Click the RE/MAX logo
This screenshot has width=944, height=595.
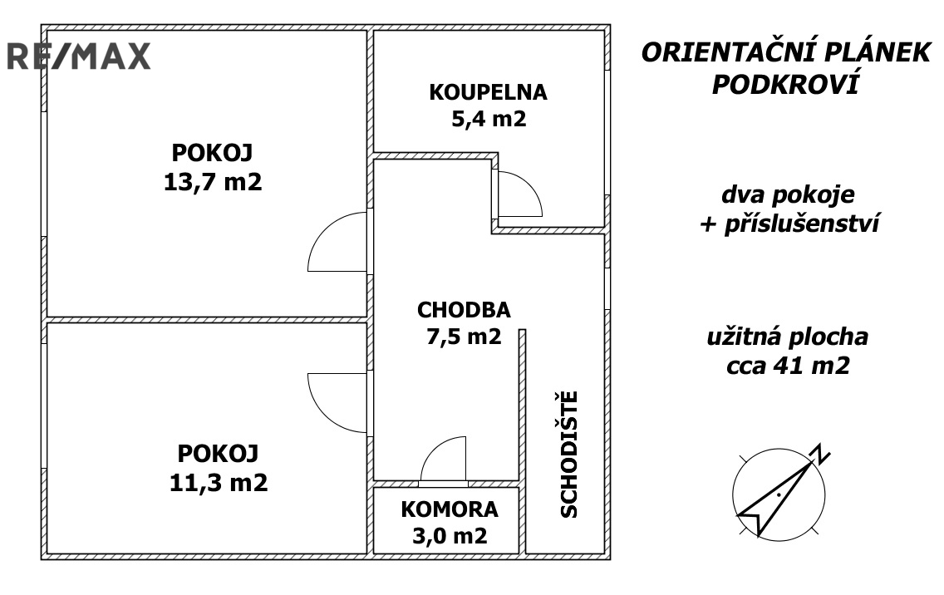(78, 56)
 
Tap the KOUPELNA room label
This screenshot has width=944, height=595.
(489, 92)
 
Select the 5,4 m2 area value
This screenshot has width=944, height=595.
(489, 119)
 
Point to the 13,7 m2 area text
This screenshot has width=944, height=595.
(213, 181)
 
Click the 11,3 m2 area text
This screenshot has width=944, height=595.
(219, 482)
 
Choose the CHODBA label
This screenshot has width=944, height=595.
(464, 310)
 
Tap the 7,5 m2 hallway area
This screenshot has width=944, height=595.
(464, 336)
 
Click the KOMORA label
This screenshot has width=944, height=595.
(449, 509)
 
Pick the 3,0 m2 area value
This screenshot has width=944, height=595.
(450, 535)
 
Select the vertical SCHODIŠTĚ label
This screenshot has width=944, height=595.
(569, 454)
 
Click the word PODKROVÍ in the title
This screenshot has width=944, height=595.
(785, 85)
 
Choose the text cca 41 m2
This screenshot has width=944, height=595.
(788, 365)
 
